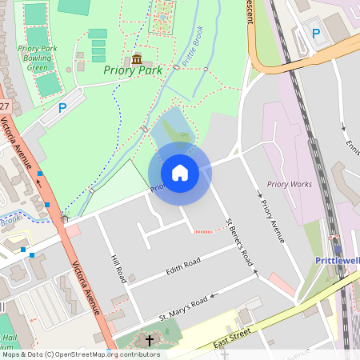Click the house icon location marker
point(179,173)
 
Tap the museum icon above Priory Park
point(137,58)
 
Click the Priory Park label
point(133,70)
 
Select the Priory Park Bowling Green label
point(38,58)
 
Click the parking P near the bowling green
point(62,106)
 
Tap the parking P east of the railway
point(316,34)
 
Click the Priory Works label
point(290,184)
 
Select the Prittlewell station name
point(336,261)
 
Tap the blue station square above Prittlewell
point(337,247)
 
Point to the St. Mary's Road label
point(183,309)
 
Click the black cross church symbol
point(148,341)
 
